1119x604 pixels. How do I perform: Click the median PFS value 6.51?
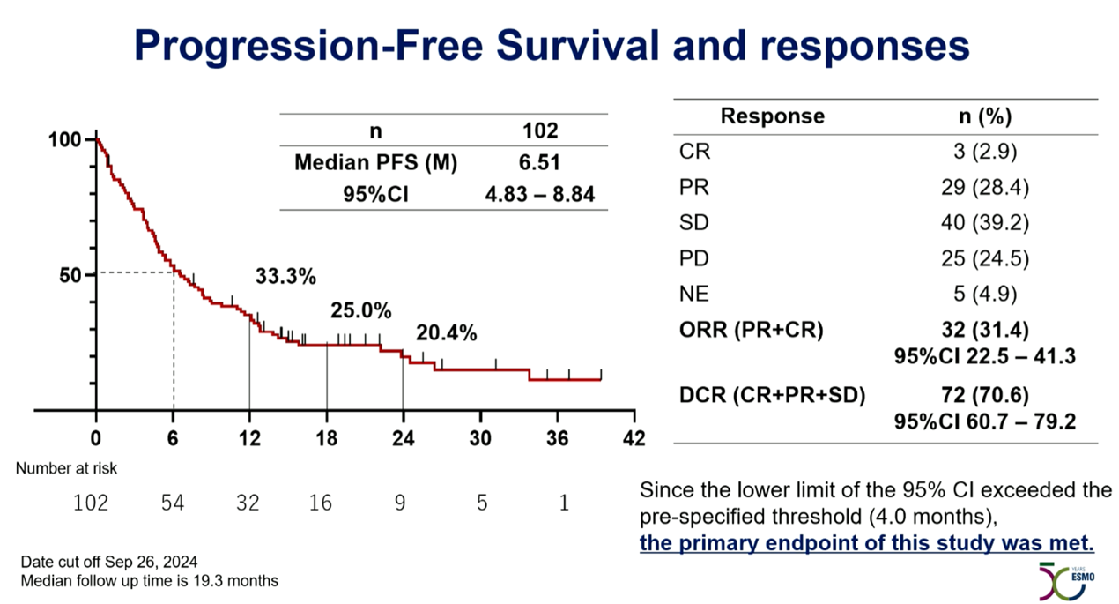pos(540,162)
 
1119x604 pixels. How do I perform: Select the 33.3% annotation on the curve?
pos(285,276)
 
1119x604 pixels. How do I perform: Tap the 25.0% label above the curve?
pos(360,310)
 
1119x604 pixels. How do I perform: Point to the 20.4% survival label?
pos(446,333)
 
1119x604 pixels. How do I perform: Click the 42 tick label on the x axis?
pos(634,438)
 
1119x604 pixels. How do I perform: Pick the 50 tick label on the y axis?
pos(69,274)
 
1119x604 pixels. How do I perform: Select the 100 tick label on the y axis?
pos(65,139)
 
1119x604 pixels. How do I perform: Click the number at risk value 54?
pos(172,503)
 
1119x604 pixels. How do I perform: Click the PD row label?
pos(693,259)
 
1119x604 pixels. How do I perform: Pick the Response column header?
pos(772,116)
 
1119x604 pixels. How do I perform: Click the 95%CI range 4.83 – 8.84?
pos(540,193)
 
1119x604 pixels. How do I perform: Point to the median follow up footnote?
pos(151,580)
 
